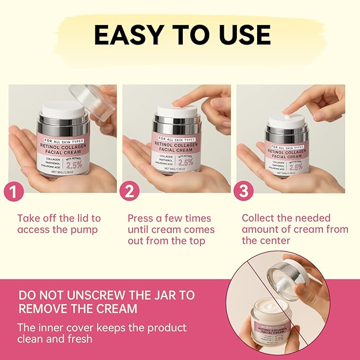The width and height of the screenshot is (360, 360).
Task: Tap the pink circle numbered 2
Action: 129,191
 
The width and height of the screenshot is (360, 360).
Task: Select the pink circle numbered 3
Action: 243,191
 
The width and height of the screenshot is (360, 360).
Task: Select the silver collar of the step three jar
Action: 287,130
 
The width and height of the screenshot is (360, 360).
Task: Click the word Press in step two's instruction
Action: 142,218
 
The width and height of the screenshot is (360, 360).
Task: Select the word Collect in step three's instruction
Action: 259,218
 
